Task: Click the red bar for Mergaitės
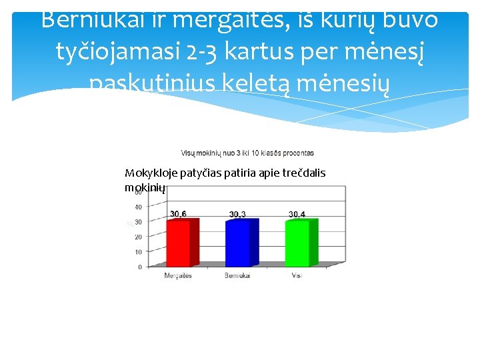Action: tap(178, 243)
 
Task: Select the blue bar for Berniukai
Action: tap(238, 243)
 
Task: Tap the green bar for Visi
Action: tap(297, 243)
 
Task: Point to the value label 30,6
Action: tap(178, 214)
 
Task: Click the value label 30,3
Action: tap(238, 214)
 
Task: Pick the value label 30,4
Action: tap(297, 214)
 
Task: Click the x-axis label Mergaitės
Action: tap(178, 275)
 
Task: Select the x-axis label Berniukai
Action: tap(237, 275)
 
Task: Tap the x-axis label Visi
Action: tap(296, 275)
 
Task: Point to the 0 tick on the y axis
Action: tap(139, 267)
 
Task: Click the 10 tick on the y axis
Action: tap(138, 252)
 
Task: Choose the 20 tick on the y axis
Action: tap(138, 237)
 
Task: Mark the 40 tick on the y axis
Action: tap(138, 207)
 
